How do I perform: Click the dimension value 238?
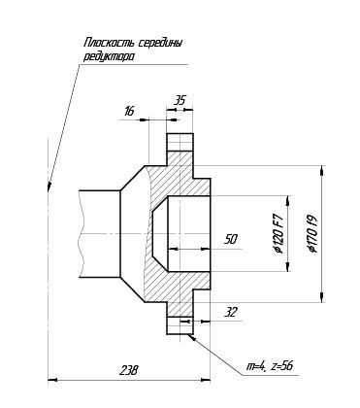(x=128, y=370)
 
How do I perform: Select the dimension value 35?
(x=180, y=100)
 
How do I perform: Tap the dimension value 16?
(x=129, y=111)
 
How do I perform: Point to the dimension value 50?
(x=231, y=240)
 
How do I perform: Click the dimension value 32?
(x=231, y=313)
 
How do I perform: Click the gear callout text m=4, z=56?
(x=270, y=366)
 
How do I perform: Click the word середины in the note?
(x=160, y=43)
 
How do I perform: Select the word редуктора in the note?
(x=109, y=57)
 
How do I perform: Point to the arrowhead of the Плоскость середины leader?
(x=49, y=187)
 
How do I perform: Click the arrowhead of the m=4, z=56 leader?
(x=190, y=337)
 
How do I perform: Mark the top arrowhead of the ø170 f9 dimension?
(x=321, y=171)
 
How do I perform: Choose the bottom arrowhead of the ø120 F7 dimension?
(x=287, y=267)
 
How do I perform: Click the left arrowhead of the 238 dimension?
(x=52, y=380)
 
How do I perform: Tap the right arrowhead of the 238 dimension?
(x=206, y=380)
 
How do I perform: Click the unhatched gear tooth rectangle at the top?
(x=180, y=142)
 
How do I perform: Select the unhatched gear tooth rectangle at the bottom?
(x=180, y=325)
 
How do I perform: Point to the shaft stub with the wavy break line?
(x=100, y=233)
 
